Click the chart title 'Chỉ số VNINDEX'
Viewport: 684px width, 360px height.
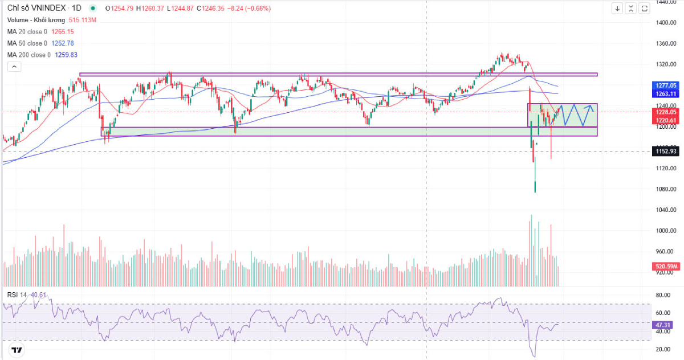pyautogui.click(x=36, y=9)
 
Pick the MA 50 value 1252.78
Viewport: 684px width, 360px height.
pyautogui.click(x=63, y=43)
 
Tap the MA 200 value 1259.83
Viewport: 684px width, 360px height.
pyautogui.click(x=66, y=55)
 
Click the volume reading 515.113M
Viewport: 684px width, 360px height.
pyautogui.click(x=83, y=21)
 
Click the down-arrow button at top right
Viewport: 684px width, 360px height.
pyautogui.click(x=617, y=9)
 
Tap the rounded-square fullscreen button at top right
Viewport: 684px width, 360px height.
pyautogui.click(x=644, y=9)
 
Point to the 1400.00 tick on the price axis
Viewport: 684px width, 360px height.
pyautogui.click(x=666, y=23)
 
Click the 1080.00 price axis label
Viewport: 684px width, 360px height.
pyautogui.click(x=666, y=189)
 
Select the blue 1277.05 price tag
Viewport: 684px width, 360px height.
pyautogui.click(x=666, y=85)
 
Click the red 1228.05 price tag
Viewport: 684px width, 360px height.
pyautogui.click(x=666, y=113)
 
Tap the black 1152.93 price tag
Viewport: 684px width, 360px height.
pyautogui.click(x=666, y=151)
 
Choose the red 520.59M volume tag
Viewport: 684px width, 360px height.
pyautogui.click(x=666, y=266)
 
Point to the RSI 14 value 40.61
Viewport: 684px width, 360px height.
pyautogui.click(x=39, y=295)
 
